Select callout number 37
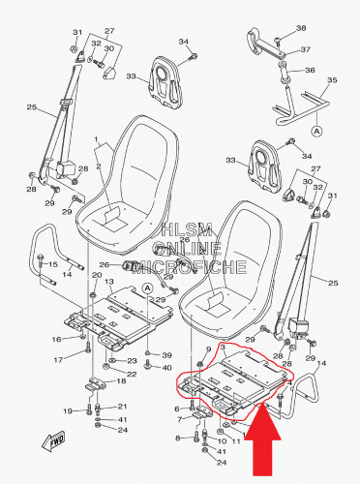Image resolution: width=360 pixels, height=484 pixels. click(305, 49)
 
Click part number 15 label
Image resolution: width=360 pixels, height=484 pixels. click(52, 264)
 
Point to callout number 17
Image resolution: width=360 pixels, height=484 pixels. click(58, 359)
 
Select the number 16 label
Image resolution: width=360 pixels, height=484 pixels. click(56, 339)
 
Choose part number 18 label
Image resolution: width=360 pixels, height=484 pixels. click(121, 379)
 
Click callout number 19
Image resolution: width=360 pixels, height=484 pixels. click(69, 411)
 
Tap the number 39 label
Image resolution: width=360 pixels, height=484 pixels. click(166, 355)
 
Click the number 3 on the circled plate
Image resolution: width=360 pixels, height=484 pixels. click(223, 347)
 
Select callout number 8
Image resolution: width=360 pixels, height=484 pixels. click(178, 439)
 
